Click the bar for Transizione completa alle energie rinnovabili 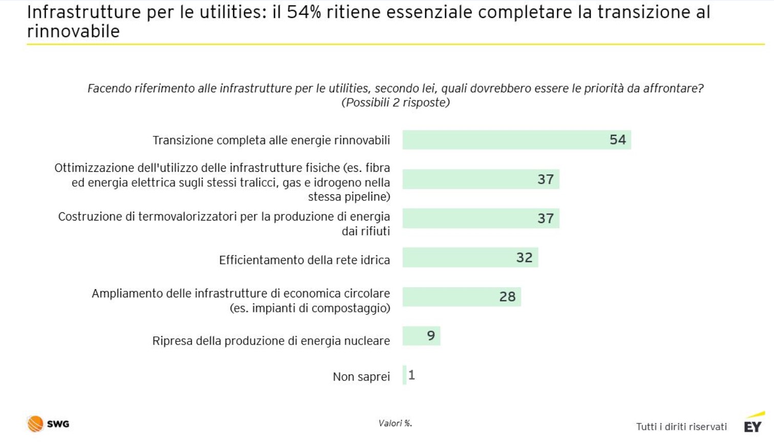(516, 140)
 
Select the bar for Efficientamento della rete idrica (470, 257)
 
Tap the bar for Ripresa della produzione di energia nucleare (421, 336)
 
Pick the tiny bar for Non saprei (405, 375)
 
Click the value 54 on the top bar (617, 140)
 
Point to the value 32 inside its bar (524, 257)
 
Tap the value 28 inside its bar (507, 297)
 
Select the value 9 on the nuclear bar (431, 336)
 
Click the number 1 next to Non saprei (412, 375)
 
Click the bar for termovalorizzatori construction (480, 218)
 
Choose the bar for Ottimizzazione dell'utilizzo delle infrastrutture (480, 179)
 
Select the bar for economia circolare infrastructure (462, 297)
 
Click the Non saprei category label (361, 377)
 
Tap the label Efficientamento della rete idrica (304, 260)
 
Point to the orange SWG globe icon (35, 424)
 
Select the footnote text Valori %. (395, 424)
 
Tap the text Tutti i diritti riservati (681, 427)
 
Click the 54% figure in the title (303, 12)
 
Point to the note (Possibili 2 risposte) (395, 103)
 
